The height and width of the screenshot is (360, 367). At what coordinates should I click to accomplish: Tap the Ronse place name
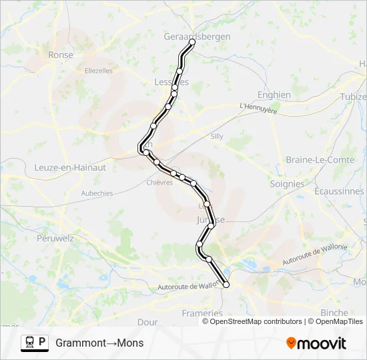pos(61,55)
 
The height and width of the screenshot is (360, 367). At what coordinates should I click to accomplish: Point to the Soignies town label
pos(287,183)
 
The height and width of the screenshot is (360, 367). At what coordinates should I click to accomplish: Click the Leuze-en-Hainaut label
pos(70,168)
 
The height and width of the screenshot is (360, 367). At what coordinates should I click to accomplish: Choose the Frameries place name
pos(202,313)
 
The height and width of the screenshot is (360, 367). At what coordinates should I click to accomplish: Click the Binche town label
pos(334,312)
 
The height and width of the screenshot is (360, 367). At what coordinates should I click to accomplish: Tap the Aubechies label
pos(97,193)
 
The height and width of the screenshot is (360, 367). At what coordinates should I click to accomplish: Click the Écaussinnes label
pos(341,191)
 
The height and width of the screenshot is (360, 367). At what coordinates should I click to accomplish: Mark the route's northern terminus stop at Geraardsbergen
pos(192,42)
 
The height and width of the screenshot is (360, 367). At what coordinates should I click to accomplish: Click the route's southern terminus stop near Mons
pos(226,285)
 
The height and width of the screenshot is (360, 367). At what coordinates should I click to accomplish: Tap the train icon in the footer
pos(30,343)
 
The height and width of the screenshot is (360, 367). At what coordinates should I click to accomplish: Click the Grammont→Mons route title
pos(99,343)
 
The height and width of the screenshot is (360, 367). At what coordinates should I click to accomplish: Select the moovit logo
pos(316,343)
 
